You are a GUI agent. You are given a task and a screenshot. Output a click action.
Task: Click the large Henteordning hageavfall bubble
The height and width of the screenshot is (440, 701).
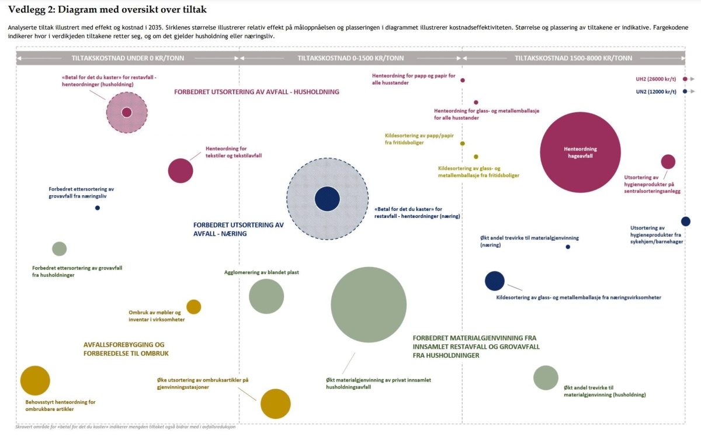tap(580, 153)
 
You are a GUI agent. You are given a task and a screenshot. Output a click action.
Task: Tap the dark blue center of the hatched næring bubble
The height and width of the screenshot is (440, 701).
tap(327, 199)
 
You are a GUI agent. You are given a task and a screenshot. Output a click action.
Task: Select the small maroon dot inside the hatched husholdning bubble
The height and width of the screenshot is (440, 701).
tap(127, 112)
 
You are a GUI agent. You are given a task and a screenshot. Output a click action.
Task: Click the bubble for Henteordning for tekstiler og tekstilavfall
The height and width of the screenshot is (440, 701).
tap(181, 171)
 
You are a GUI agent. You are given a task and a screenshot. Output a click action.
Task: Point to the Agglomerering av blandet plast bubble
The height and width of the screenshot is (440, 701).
tap(266, 296)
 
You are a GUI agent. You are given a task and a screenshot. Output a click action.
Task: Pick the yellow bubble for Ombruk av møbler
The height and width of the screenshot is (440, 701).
tap(194, 307)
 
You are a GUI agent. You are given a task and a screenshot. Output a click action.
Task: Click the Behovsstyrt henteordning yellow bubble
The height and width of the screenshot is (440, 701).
tap(35, 380)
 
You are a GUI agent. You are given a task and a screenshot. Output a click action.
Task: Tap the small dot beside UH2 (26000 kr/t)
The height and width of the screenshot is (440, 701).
tap(685, 79)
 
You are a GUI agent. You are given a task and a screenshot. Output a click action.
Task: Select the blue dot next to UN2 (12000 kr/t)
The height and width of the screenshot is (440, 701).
tap(685, 91)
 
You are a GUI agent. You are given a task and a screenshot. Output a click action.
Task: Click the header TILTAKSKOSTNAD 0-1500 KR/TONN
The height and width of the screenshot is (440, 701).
tap(350, 58)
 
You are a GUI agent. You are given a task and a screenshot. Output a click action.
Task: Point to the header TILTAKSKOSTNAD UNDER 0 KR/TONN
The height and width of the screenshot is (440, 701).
tap(128, 58)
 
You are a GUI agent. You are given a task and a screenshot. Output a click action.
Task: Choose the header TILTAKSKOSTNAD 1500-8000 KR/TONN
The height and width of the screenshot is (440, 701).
tap(573, 58)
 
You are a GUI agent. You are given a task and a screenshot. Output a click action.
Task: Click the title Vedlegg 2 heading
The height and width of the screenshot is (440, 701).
tap(107, 10)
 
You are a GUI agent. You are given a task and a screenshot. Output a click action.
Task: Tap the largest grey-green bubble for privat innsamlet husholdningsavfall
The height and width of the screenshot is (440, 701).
tap(369, 304)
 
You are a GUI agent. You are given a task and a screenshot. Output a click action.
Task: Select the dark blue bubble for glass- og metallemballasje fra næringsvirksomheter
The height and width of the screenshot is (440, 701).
tap(495, 280)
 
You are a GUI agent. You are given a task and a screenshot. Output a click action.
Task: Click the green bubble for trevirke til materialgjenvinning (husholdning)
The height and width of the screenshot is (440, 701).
tap(546, 377)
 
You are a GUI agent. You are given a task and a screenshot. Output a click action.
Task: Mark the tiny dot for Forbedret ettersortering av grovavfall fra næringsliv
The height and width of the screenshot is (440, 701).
tap(98, 208)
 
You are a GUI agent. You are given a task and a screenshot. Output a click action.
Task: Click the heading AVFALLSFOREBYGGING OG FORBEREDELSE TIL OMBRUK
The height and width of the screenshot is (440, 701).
tap(126, 349)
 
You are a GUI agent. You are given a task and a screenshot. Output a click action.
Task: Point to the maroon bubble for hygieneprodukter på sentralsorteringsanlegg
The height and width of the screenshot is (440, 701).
tap(668, 162)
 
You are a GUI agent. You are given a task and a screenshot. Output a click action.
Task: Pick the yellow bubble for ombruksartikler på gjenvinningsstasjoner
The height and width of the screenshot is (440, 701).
tap(275, 404)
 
